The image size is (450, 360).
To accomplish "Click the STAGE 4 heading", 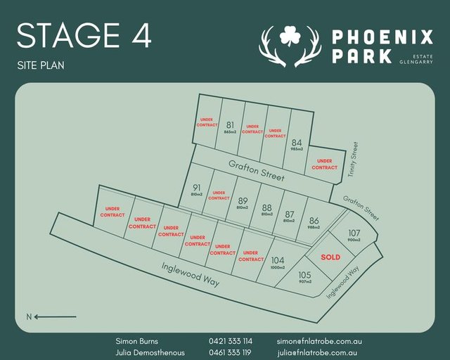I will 84,36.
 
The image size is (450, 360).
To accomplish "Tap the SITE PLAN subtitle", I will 41,65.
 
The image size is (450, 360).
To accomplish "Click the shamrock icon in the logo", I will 290,34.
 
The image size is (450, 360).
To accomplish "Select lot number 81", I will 230,125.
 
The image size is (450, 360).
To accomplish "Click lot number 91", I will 196,188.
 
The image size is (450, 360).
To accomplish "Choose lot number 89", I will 243,200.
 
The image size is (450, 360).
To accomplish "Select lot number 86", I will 314,220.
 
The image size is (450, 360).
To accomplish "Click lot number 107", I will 354,233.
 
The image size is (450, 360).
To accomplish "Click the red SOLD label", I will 330,257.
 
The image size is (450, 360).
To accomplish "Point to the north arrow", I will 49,316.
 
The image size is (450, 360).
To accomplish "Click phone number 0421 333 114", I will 231,341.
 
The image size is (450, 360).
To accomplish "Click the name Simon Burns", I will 136,341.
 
